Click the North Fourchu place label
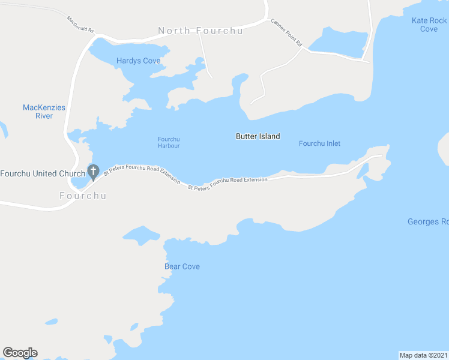pyautogui.click(x=200, y=31)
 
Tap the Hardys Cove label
pyautogui.click(x=139, y=61)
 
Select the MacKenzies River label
pyautogui.click(x=44, y=112)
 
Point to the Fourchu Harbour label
pyautogui.click(x=169, y=142)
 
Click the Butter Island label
pyautogui.click(x=258, y=136)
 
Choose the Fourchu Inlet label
pyautogui.click(x=319, y=143)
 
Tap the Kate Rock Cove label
pyautogui.click(x=429, y=25)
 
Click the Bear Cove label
pyautogui.click(x=182, y=266)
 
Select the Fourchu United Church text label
pyautogui.click(x=43, y=174)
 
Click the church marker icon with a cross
pyautogui.click(x=93, y=172)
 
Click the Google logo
pyautogui.click(x=20, y=353)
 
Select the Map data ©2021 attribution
pyautogui.click(x=423, y=355)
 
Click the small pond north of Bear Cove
pyautogui.click(x=140, y=235)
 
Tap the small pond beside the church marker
pyautogui.click(x=79, y=180)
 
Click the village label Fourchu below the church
pyautogui.click(x=83, y=196)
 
